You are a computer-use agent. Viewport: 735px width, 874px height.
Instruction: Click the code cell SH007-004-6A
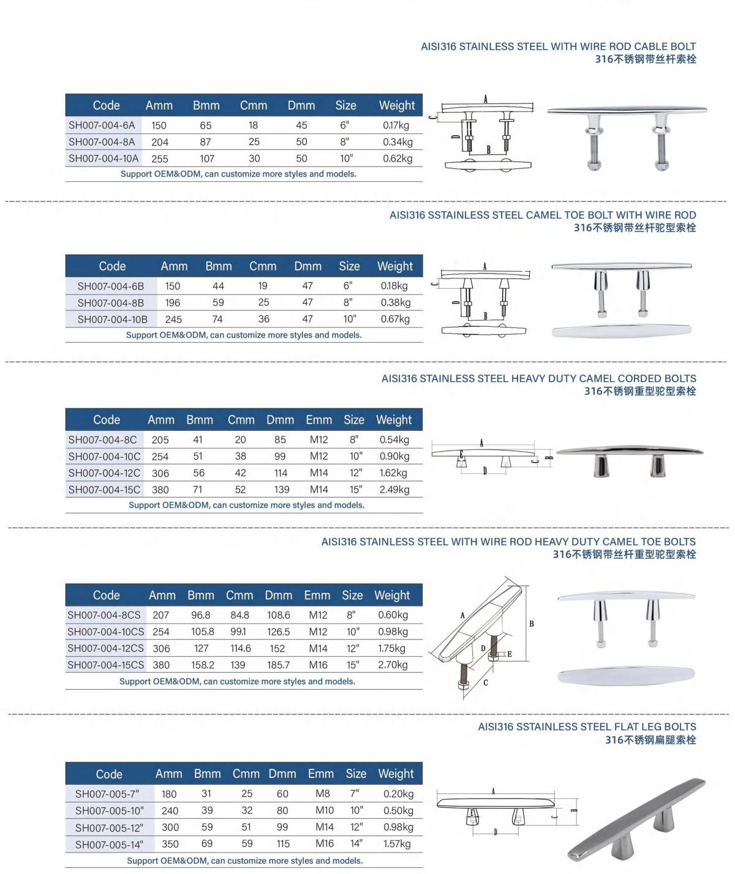pos(102,125)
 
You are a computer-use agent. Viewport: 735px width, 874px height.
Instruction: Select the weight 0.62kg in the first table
pos(398,159)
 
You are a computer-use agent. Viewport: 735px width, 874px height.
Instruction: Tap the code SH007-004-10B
pos(112,319)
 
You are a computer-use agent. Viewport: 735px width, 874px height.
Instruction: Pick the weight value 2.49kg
pos(394,490)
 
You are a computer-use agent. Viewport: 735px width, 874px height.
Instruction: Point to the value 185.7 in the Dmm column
pos(278,665)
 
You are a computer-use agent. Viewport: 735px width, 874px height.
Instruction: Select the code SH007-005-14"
pos(109,845)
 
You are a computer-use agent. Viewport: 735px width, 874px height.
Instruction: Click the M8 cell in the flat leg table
pos(322,794)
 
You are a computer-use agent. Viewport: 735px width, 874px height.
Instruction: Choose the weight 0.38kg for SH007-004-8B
pos(395,302)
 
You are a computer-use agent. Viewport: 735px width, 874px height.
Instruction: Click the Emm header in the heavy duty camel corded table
pos(318,420)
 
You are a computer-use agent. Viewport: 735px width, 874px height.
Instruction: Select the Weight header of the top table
pos(396,105)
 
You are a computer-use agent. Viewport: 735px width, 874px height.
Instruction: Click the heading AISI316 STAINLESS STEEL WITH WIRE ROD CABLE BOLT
pos(558,47)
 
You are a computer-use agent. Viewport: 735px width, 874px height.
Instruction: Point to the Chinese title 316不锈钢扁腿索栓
pos(650,740)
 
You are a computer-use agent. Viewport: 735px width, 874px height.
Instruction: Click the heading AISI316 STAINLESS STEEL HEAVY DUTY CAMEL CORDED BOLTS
pos(538,379)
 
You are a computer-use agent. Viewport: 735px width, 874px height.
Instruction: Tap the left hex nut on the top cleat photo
pos(594,165)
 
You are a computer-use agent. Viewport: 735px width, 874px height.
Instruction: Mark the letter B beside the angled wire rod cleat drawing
pos(531,624)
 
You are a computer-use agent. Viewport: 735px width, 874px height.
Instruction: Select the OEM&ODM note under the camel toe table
pos(244,335)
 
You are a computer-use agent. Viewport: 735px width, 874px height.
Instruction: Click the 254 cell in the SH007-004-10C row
pos(160,457)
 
